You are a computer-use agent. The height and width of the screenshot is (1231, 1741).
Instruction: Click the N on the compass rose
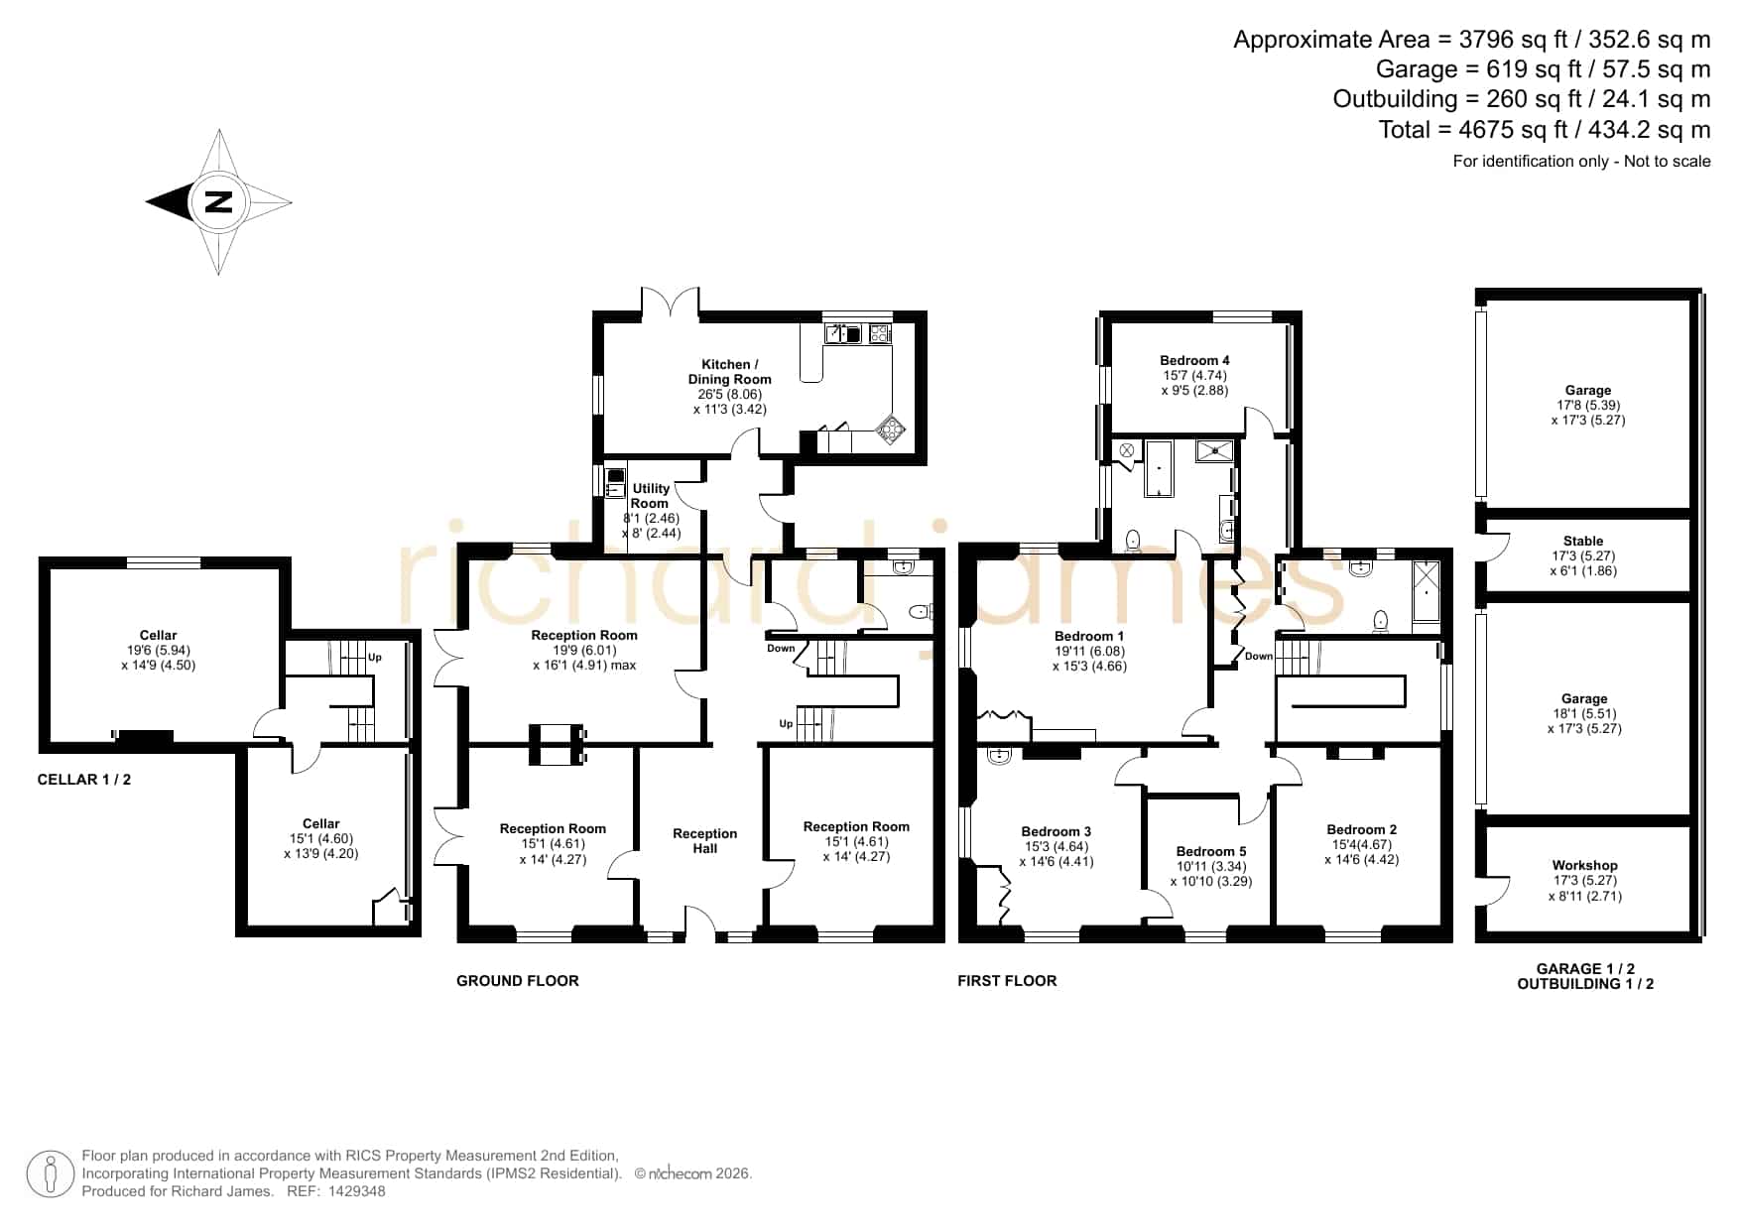pyautogui.click(x=218, y=202)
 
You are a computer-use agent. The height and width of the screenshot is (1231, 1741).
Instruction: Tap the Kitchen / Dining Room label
pyautogui.click(x=730, y=372)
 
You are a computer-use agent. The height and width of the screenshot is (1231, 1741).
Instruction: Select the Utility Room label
pyautogui.click(x=651, y=496)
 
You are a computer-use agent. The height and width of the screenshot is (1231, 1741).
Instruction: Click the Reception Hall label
pyautogui.click(x=705, y=841)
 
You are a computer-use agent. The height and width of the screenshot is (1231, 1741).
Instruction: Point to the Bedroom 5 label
pyautogui.click(x=1211, y=851)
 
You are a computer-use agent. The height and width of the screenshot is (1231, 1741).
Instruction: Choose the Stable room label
pyautogui.click(x=1583, y=541)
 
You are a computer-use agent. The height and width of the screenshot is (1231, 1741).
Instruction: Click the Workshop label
pyautogui.click(x=1584, y=865)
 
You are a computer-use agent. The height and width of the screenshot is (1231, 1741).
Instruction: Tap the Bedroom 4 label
pyautogui.click(x=1194, y=360)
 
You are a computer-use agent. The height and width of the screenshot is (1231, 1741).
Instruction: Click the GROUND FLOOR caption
pyautogui.click(x=517, y=981)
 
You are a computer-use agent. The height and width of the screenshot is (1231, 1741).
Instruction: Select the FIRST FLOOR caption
pyautogui.click(x=1007, y=981)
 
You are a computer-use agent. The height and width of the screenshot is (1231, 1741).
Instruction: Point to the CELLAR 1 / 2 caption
pyautogui.click(x=84, y=780)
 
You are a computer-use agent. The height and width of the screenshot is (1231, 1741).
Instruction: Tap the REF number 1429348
pyautogui.click(x=357, y=1191)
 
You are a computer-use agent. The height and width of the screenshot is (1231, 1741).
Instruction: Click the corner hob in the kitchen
pyautogui.click(x=890, y=429)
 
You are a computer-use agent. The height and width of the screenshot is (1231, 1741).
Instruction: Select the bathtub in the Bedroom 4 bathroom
pyautogui.click(x=1159, y=468)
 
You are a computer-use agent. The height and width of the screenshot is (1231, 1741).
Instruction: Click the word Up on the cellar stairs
pyautogui.click(x=375, y=657)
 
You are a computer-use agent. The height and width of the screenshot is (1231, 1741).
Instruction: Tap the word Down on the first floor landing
pyautogui.click(x=1259, y=656)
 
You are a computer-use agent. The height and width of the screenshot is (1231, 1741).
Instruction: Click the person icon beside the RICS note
pyautogui.click(x=50, y=1174)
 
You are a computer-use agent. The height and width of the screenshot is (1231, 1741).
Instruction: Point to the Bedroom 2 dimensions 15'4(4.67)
pyautogui.click(x=1361, y=845)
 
